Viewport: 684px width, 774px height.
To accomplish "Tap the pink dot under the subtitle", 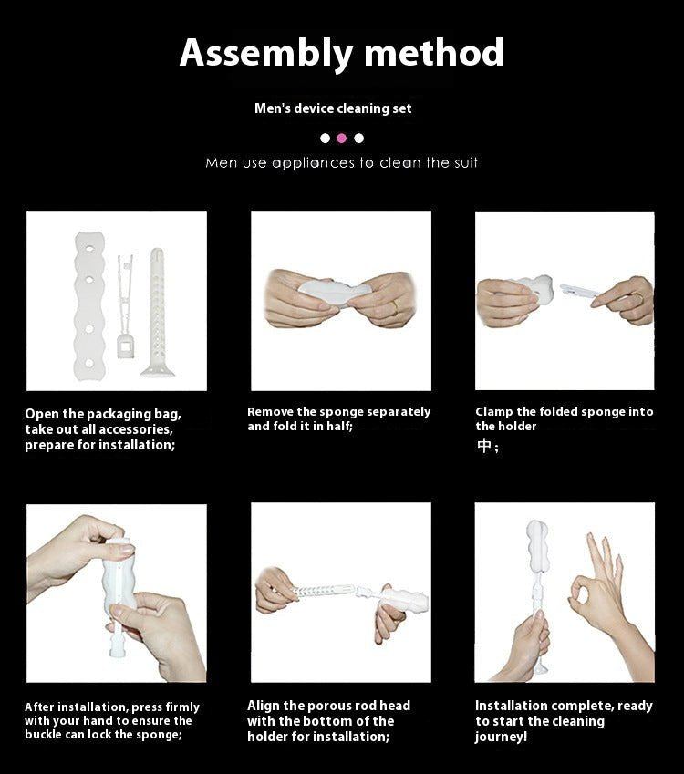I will [342, 139].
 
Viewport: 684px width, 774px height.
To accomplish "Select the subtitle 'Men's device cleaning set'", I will [333, 108].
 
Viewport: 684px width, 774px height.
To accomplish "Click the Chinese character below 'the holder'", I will [483, 447].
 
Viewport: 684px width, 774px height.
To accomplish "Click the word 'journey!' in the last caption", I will [501, 737].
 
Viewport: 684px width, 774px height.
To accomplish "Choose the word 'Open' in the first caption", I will [42, 414].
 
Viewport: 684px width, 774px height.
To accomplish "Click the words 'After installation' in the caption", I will [77, 707].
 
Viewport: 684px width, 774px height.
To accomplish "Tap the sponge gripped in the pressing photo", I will [120, 574].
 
